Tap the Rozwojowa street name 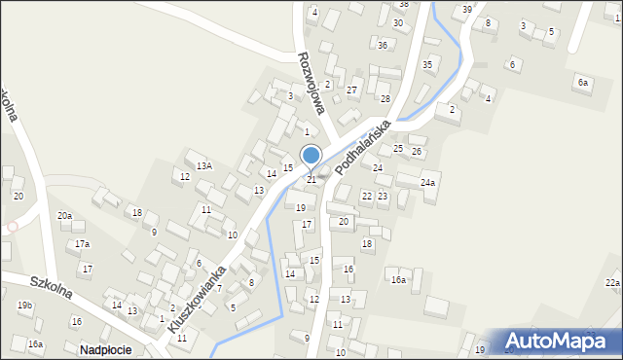pyautogui.click(x=316, y=83)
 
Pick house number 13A pyautogui.click(x=203, y=166)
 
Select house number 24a pyautogui.click(x=427, y=183)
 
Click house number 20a pyautogui.click(x=64, y=215)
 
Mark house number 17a pyautogui.click(x=82, y=244)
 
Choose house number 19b pyautogui.click(x=25, y=306)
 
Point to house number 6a pyautogui.click(x=582, y=83)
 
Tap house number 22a pyautogui.click(x=611, y=282)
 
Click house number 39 pyautogui.click(x=467, y=9)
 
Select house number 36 pyautogui.click(x=383, y=45)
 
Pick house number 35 pyautogui.click(x=427, y=64)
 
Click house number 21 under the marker pyautogui.click(x=311, y=179)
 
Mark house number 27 pyautogui.click(x=352, y=90)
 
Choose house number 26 pyautogui.click(x=417, y=152)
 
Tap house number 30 pyautogui.click(x=397, y=22)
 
